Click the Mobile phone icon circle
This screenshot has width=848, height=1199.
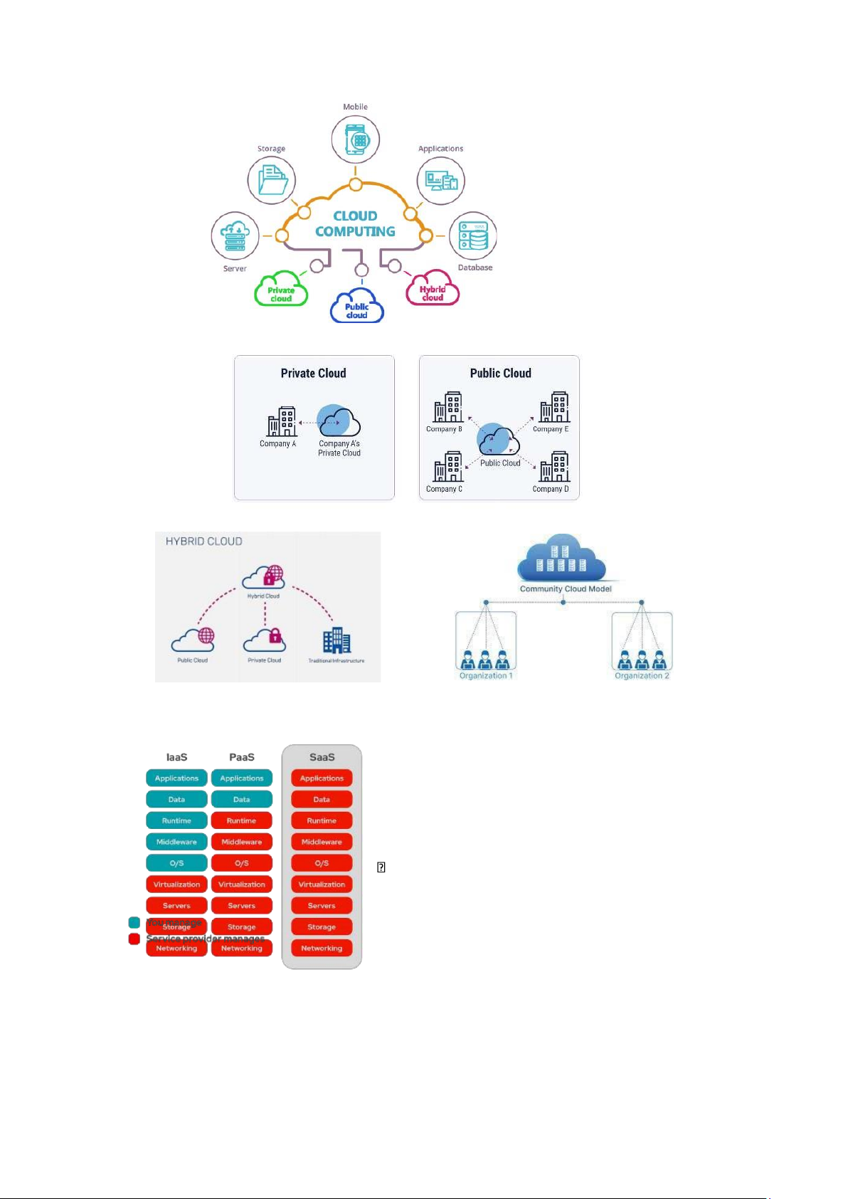point(355,139)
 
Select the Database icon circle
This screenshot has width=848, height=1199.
point(473,236)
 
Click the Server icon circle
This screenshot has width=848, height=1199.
point(235,236)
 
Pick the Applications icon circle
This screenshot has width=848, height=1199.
point(441,180)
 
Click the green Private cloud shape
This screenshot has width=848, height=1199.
point(281,290)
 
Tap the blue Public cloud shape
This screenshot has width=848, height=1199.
point(357,306)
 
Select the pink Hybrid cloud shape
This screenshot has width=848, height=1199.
point(433,289)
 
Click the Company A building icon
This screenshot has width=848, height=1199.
point(282,422)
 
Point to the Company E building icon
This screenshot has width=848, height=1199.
point(553,408)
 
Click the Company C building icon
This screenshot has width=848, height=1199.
point(447,468)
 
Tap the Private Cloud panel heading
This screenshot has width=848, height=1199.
point(313,374)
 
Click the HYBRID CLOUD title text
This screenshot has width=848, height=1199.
point(204,542)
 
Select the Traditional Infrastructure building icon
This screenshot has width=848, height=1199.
point(336,641)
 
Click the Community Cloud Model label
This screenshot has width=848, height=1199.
point(566,589)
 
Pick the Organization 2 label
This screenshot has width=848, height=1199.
point(642,676)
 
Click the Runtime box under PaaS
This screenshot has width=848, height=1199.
point(242,821)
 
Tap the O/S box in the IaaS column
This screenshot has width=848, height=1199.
point(176,863)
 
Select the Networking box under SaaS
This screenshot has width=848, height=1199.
point(322,949)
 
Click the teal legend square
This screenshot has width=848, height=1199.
point(134,923)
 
